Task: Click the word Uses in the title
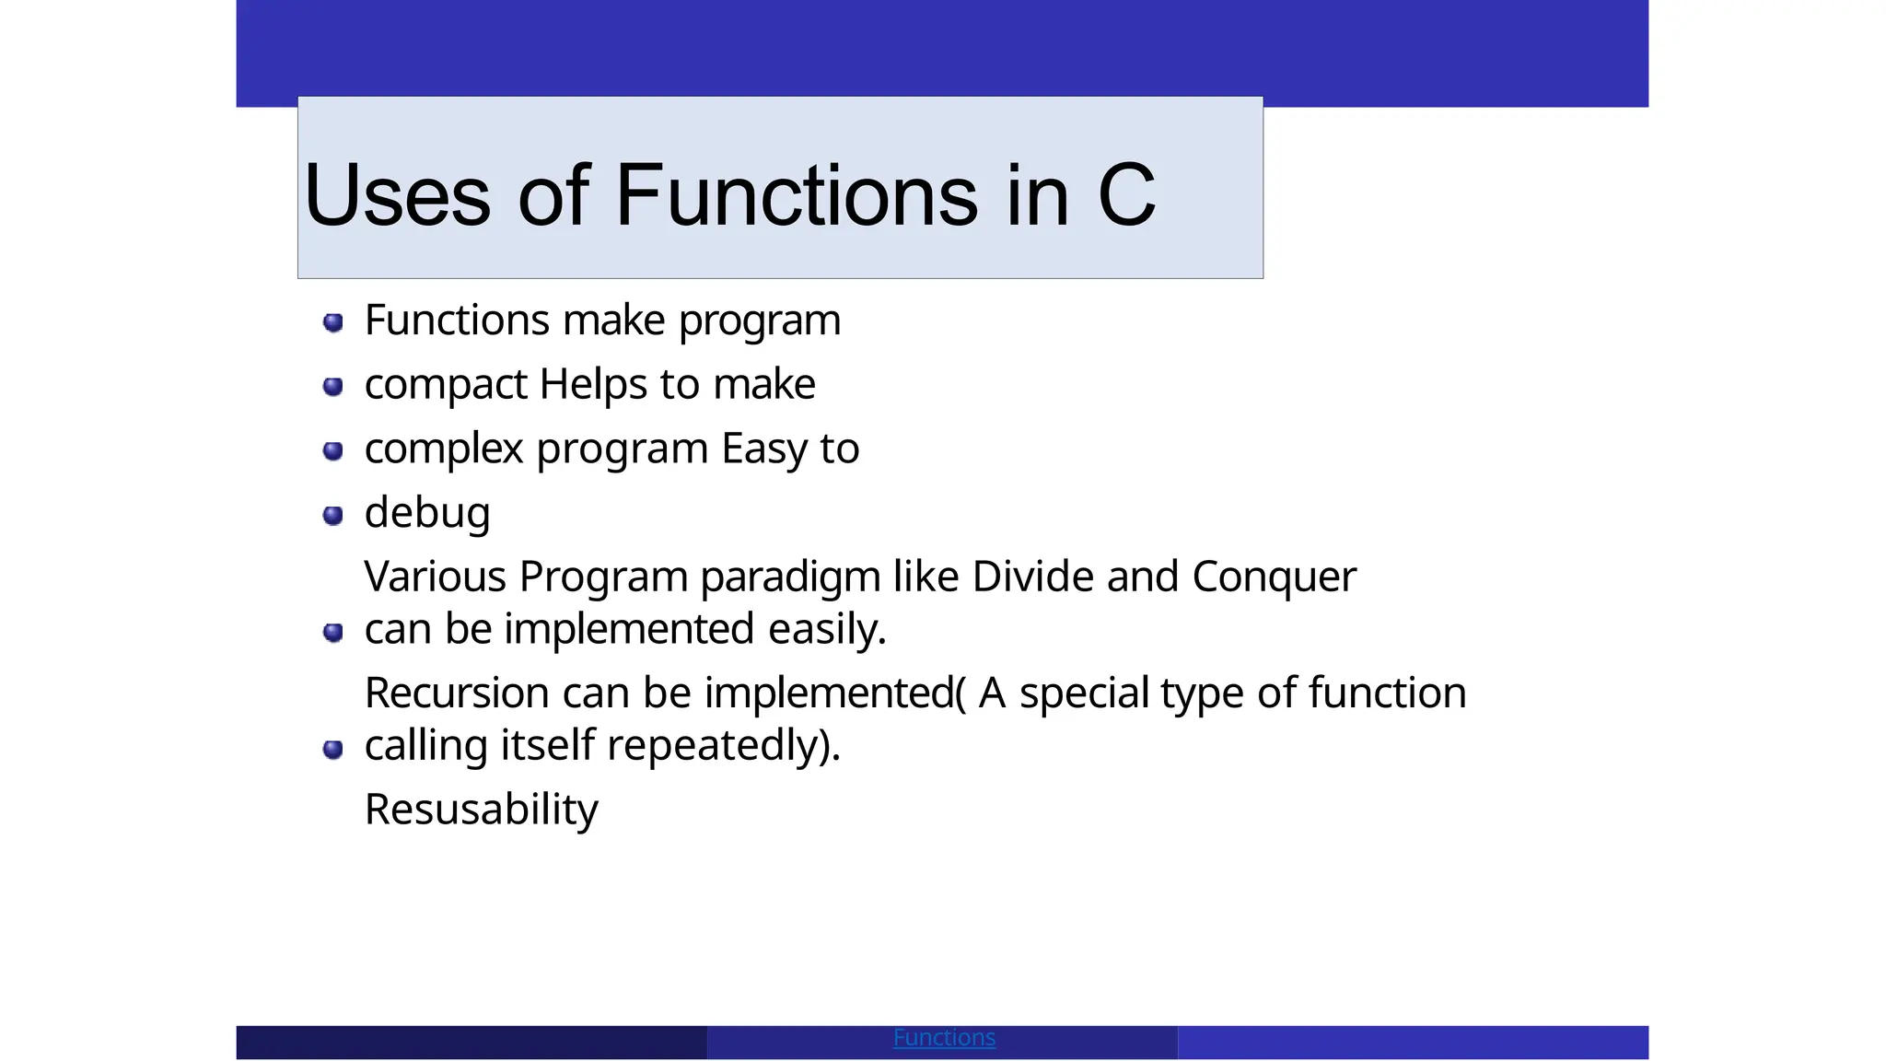[x=397, y=195]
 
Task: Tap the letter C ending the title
[x=1125, y=195]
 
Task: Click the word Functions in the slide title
[x=797, y=195]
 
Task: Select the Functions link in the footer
[x=944, y=1038]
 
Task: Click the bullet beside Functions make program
[x=333, y=322]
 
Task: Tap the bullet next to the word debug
[x=333, y=515]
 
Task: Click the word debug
[x=427, y=513]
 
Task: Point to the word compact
[x=445, y=385]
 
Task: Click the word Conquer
[x=1274, y=577]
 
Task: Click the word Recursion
[x=457, y=693]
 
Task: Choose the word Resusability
[x=481, y=810]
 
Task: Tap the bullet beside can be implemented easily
[x=333, y=632]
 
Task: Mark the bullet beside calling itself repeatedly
[x=333, y=749]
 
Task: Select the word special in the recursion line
[x=1084, y=694]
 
